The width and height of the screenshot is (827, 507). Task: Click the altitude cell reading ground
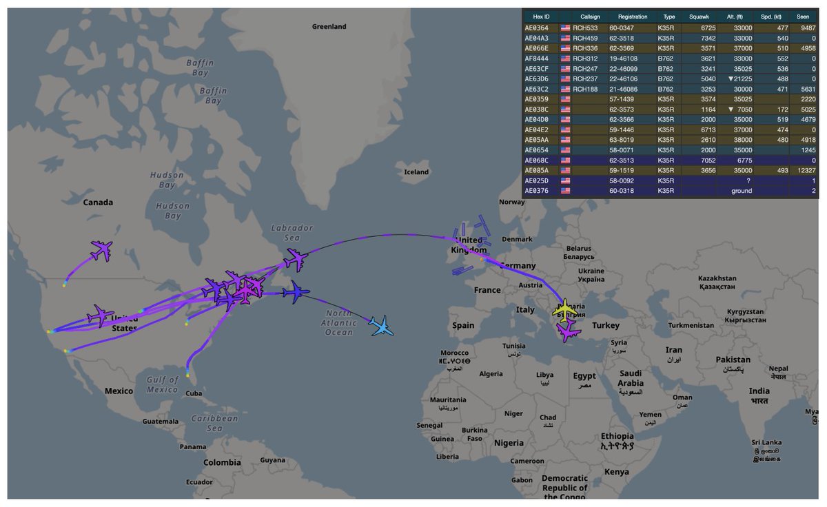(742, 191)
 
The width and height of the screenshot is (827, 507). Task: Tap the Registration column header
(633, 16)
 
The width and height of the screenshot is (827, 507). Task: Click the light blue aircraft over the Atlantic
(380, 326)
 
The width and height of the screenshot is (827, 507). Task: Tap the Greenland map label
(329, 26)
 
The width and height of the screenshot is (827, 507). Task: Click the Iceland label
(416, 172)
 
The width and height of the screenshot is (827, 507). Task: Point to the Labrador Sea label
(292, 232)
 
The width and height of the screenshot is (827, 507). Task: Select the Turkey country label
(606, 325)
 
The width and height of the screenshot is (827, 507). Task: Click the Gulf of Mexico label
(163, 384)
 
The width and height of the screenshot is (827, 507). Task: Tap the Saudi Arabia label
(630, 377)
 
